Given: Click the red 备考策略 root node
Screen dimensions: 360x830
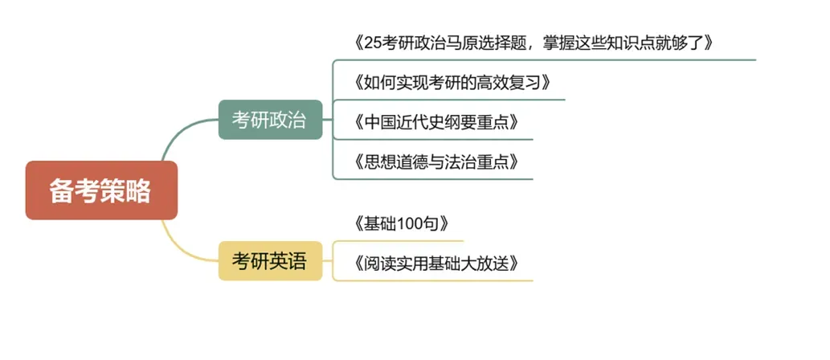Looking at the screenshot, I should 100,190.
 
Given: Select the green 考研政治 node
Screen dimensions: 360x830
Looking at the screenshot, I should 269,120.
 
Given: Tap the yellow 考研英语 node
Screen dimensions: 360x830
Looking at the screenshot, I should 269,260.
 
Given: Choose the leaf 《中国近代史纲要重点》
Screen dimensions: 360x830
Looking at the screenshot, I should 434,123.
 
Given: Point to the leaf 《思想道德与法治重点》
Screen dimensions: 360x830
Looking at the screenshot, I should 434,162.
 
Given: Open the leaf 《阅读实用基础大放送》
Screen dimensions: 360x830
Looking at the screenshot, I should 434,263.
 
